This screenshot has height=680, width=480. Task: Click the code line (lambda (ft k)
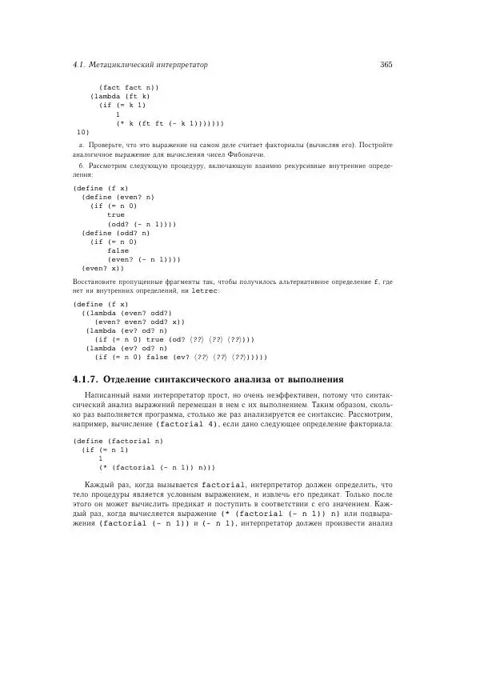[119, 96]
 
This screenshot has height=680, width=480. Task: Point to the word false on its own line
[118, 250]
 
